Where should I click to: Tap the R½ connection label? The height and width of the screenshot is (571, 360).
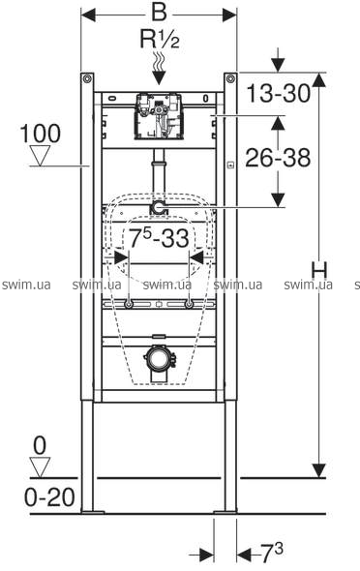[160, 39]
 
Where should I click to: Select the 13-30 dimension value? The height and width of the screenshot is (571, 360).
[279, 93]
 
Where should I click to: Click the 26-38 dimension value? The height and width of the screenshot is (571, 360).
[278, 158]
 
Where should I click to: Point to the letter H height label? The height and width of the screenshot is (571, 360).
[319, 271]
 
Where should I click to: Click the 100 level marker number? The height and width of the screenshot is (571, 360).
[40, 134]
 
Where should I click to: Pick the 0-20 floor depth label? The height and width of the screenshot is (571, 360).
[49, 497]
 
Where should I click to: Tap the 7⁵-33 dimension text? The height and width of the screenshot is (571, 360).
[159, 238]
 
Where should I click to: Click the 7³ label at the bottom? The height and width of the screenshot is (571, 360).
[272, 554]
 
